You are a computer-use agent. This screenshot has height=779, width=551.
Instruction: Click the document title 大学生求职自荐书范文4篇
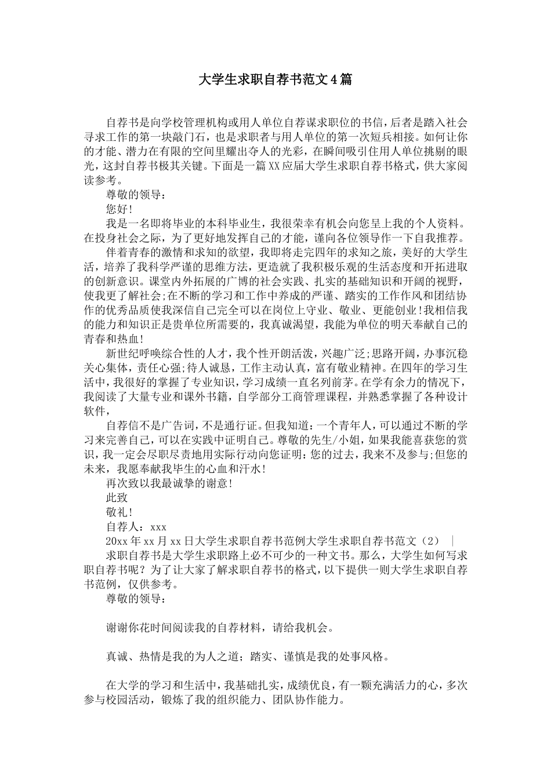[275, 80]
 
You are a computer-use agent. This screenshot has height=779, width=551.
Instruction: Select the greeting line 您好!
[119, 209]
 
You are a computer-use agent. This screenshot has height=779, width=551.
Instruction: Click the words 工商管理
[310, 396]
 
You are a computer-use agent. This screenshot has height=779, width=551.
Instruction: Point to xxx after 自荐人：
[158, 527]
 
